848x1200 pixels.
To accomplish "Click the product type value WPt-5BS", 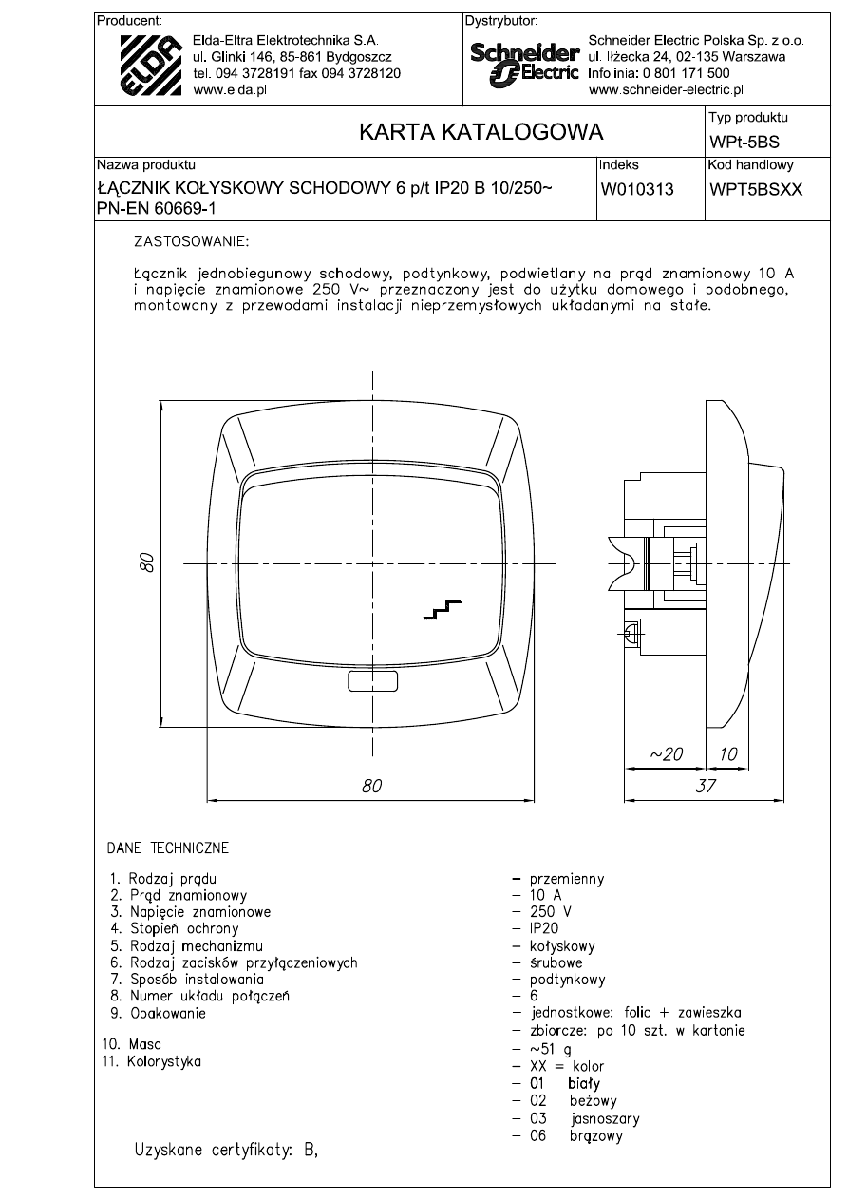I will [744, 143].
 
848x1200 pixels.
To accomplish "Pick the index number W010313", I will [636, 189].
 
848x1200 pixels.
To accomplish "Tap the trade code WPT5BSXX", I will [756, 189].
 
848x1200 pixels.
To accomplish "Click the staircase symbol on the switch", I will [442, 611].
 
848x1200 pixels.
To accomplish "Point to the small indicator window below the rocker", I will [373, 681].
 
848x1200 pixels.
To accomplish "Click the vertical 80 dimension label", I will [145, 562].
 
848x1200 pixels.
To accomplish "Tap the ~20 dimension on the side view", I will [666, 753].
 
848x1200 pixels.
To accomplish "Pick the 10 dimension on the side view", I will [729, 753].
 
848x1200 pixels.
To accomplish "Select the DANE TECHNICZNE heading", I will [167, 847].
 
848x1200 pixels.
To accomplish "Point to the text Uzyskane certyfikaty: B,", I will [227, 1152].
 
